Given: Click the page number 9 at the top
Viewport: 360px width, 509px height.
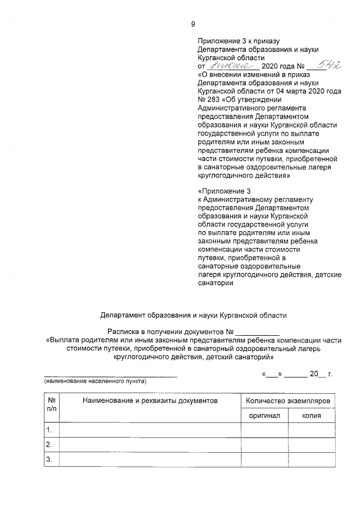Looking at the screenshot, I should pos(192,24).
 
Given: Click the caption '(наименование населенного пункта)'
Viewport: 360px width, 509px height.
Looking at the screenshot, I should pos(95,381).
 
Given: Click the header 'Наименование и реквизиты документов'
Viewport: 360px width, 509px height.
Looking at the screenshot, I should pos(149,401).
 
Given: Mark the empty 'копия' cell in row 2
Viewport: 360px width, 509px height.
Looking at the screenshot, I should pos(311,445).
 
